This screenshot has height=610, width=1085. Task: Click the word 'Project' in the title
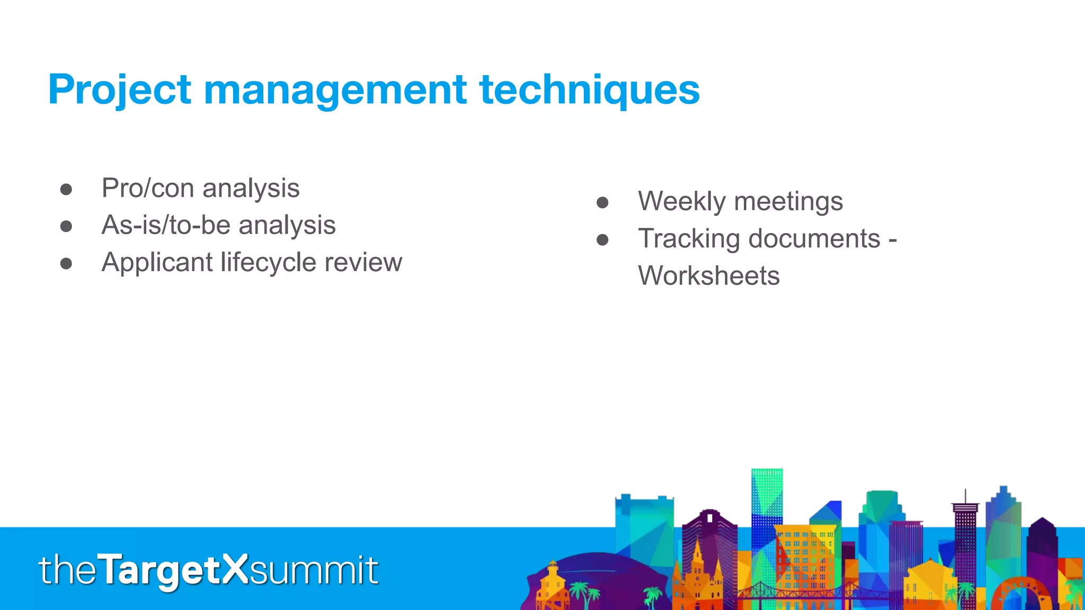[119, 90]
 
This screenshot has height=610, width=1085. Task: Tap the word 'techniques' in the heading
[589, 90]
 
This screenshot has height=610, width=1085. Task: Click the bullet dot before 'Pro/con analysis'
[66, 190]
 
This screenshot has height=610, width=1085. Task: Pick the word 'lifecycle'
[268, 263]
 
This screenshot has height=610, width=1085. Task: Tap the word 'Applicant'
[157, 263]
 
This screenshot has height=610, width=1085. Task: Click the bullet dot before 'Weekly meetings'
[602, 203]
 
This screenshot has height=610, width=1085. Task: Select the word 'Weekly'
[681, 202]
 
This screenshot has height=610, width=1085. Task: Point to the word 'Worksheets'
[708, 276]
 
